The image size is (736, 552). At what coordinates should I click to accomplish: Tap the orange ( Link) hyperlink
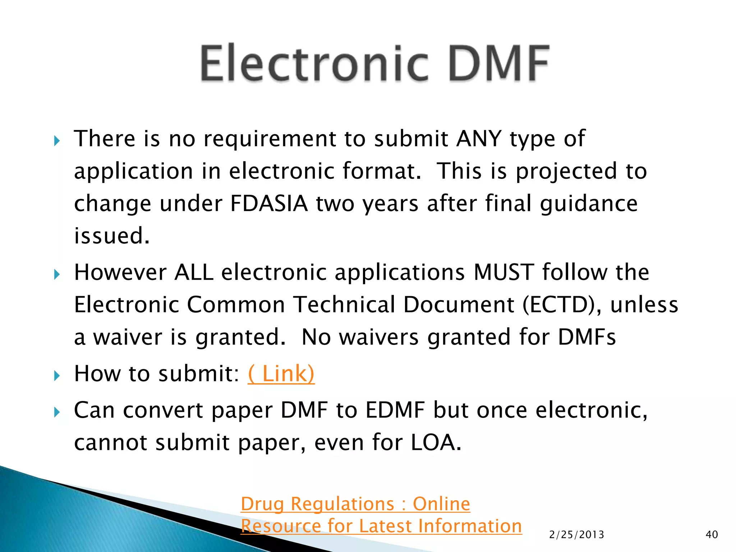coord(281,374)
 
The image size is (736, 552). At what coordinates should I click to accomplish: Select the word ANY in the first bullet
coord(479,139)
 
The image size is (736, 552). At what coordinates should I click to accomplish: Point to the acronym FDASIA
coord(269,204)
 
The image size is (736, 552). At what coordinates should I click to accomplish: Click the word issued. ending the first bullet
coord(112,236)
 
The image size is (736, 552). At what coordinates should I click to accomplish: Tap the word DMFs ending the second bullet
coord(586,337)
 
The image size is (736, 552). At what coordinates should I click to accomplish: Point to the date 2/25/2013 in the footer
coord(576,535)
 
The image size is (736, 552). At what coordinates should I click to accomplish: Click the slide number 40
coord(712,535)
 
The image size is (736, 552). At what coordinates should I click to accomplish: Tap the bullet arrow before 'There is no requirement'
coord(57,141)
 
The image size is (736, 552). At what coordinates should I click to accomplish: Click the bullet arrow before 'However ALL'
coord(57,275)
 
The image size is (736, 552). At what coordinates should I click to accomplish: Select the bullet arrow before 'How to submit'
coord(57,376)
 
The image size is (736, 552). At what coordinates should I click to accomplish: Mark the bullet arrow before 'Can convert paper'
coord(57,412)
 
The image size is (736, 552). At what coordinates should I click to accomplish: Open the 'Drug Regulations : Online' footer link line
coord(355,504)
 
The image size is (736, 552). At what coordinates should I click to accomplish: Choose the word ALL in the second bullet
coord(194,272)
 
